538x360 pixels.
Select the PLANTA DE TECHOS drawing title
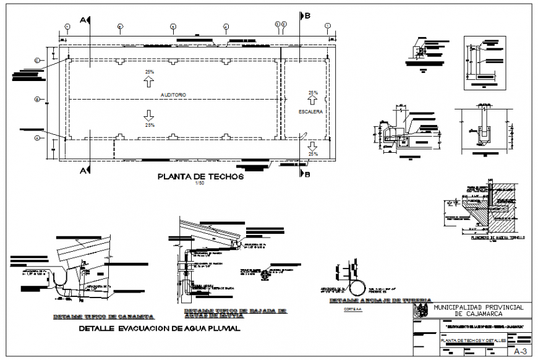click(201, 177)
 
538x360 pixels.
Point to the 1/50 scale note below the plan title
click(199, 186)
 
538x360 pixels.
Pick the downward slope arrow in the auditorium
click(149, 114)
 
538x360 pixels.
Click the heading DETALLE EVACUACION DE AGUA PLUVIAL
click(160, 329)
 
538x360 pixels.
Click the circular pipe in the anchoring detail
click(359, 287)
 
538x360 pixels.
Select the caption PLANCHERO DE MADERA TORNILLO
click(497, 238)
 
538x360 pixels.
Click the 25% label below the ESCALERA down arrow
click(314, 153)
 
